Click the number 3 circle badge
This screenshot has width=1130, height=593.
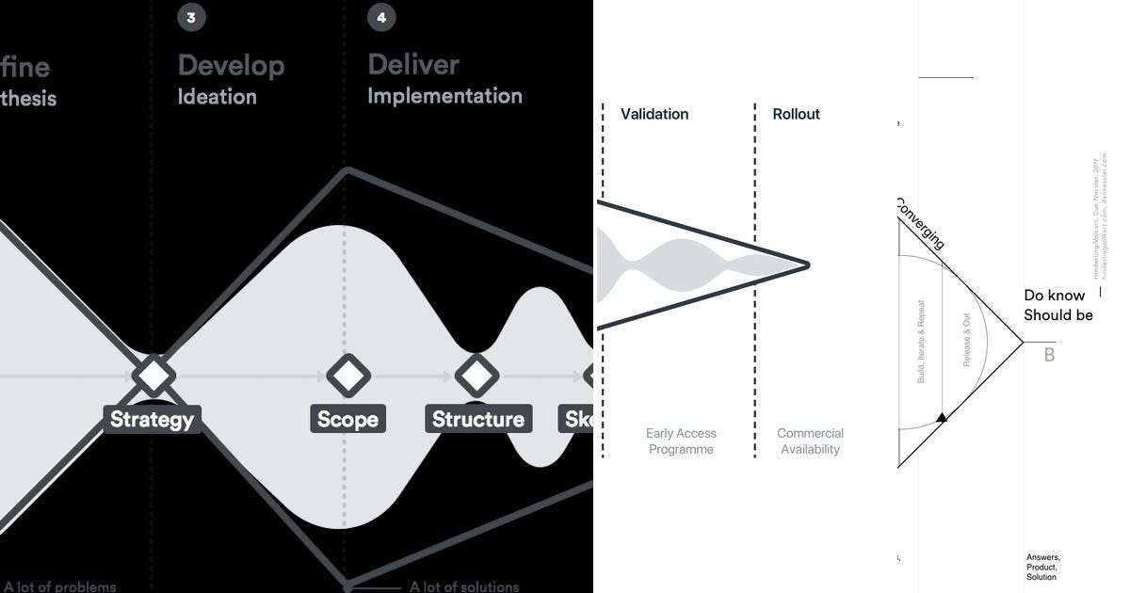coord(191,18)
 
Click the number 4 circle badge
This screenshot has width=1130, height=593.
coord(381,18)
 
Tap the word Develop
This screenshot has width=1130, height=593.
coord(231,65)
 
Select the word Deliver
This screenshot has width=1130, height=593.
coord(413,64)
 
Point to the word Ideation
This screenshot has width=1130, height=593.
coord(217,97)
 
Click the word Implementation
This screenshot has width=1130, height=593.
coord(444,96)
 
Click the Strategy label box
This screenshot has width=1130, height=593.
coord(152,419)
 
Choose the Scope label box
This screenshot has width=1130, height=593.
coord(347,419)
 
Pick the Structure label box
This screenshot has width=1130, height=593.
coord(477,419)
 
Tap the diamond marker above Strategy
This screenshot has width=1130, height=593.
coord(153,376)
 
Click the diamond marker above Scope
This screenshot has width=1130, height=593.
coord(348,376)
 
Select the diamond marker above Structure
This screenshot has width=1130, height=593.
coord(476,376)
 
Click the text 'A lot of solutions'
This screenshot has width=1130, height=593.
coord(463,586)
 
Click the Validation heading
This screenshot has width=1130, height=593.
coord(654,114)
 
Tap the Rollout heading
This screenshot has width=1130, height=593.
coord(796,114)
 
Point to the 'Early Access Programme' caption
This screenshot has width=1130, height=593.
coord(681,441)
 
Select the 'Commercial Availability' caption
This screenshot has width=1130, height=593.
coord(810,441)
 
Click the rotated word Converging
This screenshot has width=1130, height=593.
coord(918,224)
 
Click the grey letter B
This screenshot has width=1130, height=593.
coord(1049,356)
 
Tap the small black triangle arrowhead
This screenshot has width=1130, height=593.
coord(940,416)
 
